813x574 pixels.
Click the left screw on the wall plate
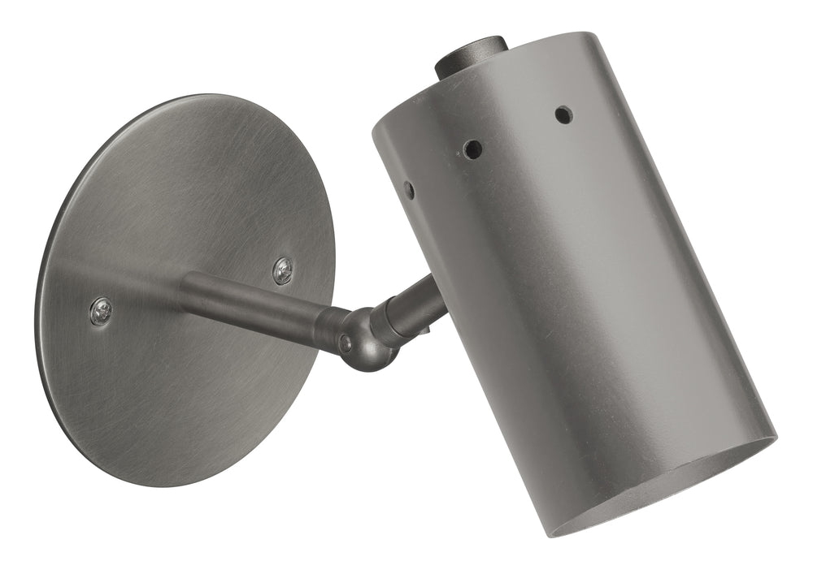click(x=101, y=311)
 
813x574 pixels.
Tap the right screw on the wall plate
click(x=283, y=270)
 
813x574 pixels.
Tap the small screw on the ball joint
click(x=346, y=343)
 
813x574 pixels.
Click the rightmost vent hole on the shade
click(x=563, y=114)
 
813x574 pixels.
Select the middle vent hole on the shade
click(x=472, y=149)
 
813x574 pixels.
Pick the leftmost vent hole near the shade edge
click(x=409, y=190)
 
